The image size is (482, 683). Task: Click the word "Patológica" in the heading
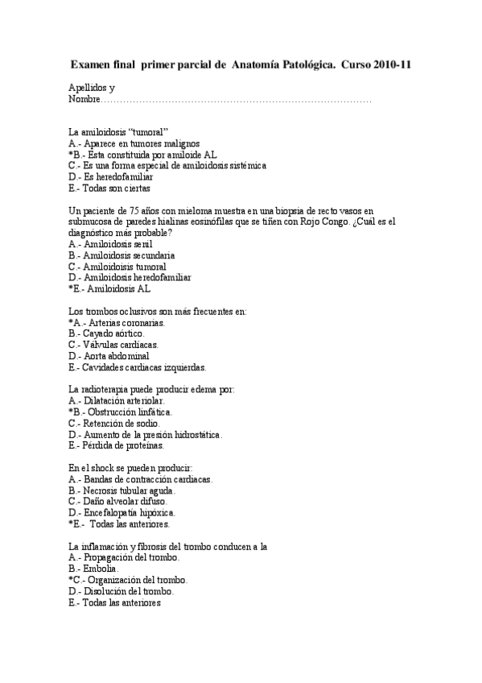pyautogui.click(x=302, y=64)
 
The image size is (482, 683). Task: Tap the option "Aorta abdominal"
pyautogui.click(x=109, y=356)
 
